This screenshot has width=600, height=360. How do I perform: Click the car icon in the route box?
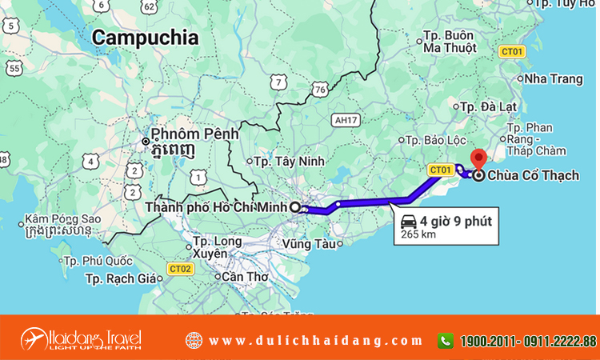[x=408, y=221]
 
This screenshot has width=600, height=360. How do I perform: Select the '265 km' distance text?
[x=417, y=234]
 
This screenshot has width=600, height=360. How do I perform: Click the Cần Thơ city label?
[x=244, y=277]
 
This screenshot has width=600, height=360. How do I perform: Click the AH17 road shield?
[x=345, y=119]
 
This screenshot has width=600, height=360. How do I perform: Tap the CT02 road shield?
[x=180, y=268]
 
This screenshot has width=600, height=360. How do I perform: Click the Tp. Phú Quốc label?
[x=98, y=261]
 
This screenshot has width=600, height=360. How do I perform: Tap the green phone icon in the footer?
[x=446, y=340]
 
